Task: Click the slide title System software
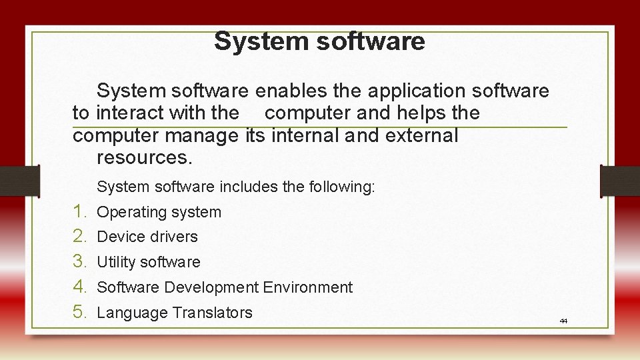[319, 41]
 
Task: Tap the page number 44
[563, 321]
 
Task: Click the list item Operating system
[159, 213]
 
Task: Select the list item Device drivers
[147, 237]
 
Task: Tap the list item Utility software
[149, 262]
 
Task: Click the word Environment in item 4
[307, 287]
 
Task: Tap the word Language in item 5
[132, 312]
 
